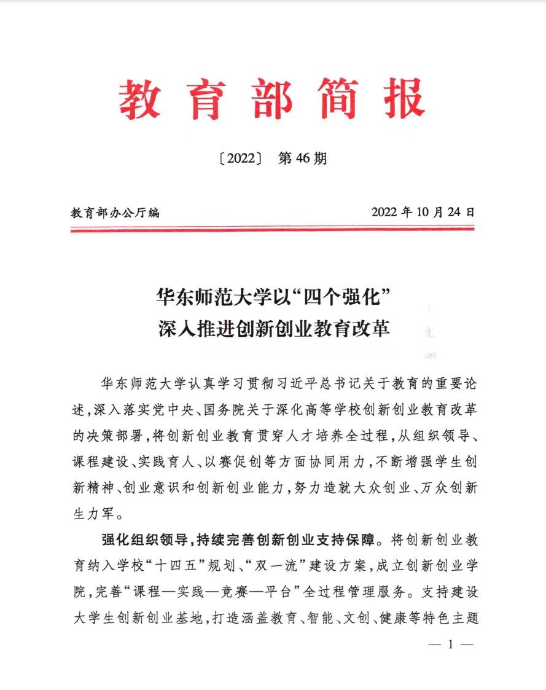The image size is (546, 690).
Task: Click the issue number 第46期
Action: tap(302, 159)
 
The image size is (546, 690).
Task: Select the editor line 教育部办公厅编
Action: tap(115, 213)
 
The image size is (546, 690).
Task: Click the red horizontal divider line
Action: tap(272, 229)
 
